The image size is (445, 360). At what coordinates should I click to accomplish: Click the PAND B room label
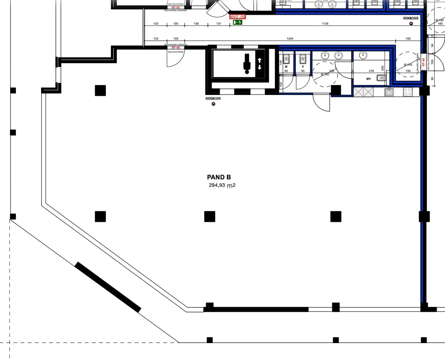(x=219, y=177)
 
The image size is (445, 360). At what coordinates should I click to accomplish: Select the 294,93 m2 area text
(x=222, y=185)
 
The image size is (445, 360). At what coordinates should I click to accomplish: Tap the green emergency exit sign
(x=237, y=22)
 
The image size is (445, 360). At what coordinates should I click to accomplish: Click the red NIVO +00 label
(x=237, y=17)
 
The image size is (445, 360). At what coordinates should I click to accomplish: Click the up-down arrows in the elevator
(x=260, y=64)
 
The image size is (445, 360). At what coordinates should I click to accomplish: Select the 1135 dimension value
(x=325, y=24)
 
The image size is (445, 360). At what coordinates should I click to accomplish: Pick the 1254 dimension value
(x=290, y=39)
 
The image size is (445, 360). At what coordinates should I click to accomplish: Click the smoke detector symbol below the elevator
(x=213, y=104)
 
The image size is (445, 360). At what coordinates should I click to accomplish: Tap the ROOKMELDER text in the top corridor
(x=411, y=18)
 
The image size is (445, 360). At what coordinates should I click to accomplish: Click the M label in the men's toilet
(x=286, y=67)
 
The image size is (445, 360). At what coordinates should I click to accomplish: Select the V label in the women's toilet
(x=303, y=67)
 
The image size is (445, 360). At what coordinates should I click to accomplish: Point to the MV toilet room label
(x=369, y=79)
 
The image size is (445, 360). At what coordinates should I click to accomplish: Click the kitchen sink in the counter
(x=389, y=92)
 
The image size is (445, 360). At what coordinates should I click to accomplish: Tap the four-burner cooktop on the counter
(x=408, y=92)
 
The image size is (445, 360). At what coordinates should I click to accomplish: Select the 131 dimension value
(x=219, y=24)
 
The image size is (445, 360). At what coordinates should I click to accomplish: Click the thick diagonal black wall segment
(x=108, y=287)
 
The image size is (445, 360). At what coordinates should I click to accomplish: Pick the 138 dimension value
(x=196, y=24)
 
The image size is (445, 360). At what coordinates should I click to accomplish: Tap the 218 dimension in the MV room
(x=371, y=71)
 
